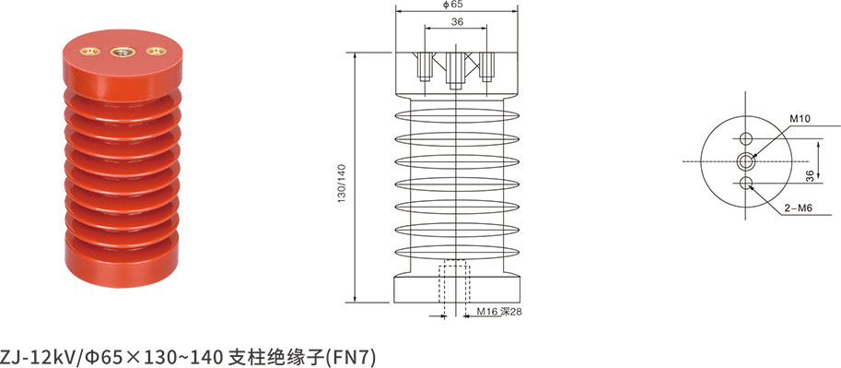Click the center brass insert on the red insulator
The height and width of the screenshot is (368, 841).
click(122, 52)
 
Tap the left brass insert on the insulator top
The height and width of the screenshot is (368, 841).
click(90, 51)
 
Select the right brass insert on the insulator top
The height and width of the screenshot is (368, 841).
click(156, 52)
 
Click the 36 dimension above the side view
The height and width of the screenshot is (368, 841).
click(458, 22)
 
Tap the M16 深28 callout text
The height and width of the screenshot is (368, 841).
click(500, 312)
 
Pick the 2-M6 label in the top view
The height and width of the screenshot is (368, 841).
click(796, 210)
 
